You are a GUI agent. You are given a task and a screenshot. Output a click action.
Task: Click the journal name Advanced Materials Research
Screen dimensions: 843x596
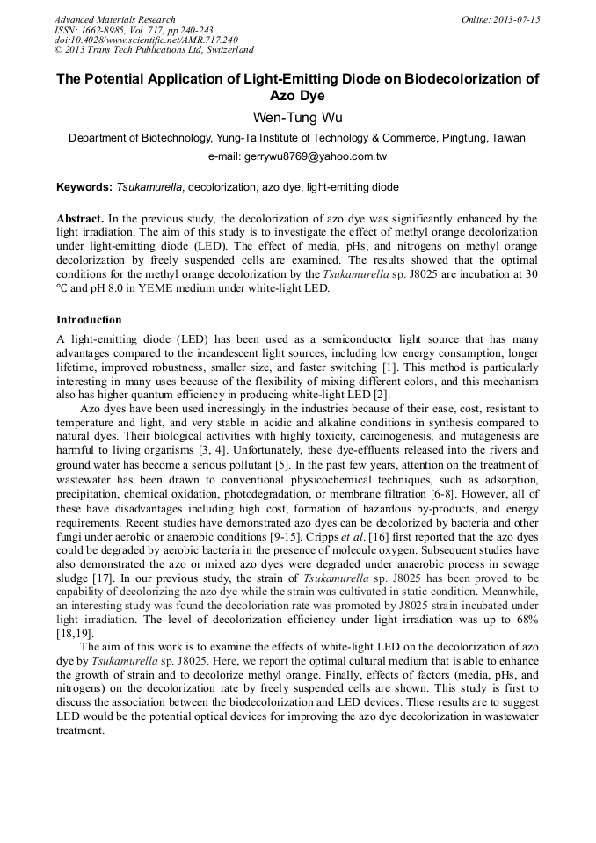coord(114,19)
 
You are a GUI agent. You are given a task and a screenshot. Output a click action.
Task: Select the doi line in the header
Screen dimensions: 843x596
coord(145,40)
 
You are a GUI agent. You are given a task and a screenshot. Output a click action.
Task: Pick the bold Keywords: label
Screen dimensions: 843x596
coord(84,187)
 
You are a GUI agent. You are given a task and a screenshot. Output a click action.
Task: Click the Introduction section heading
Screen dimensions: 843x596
coord(89,320)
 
